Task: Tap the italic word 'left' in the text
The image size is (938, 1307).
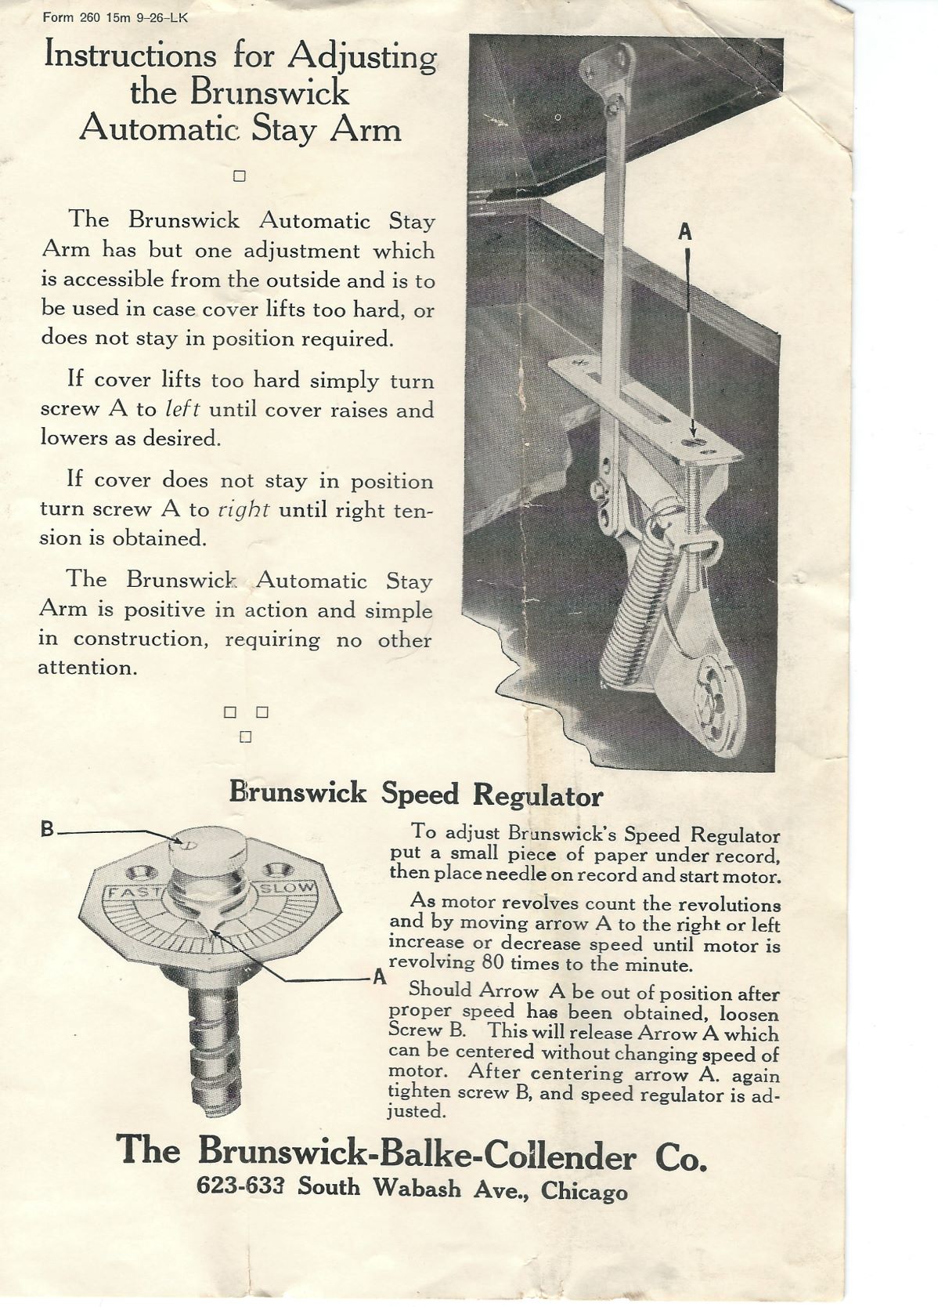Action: coord(182,409)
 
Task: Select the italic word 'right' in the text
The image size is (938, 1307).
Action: coord(244,509)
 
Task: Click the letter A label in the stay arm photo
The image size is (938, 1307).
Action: coord(685,232)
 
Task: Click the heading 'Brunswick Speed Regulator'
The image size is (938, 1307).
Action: coord(416,794)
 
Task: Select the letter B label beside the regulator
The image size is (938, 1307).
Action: coord(48,829)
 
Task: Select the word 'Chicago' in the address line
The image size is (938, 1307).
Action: coord(583,1191)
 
